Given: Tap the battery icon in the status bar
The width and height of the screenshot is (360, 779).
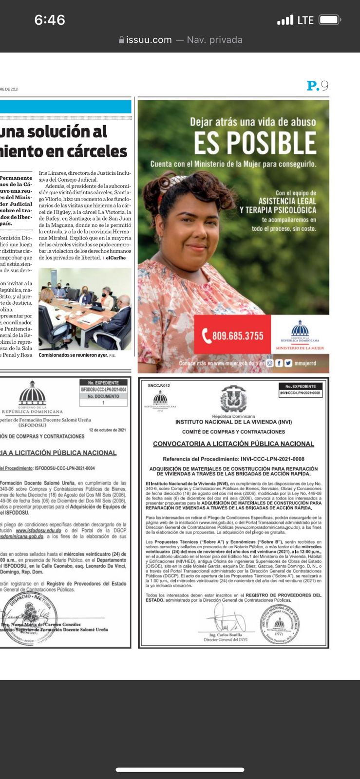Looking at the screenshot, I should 330,20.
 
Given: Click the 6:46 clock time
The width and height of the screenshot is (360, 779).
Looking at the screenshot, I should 50,20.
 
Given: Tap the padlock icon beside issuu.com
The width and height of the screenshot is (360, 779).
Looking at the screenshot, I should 122,40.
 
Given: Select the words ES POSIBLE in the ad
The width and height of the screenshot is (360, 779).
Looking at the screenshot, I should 255,143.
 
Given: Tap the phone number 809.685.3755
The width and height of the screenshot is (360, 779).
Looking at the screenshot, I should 238,335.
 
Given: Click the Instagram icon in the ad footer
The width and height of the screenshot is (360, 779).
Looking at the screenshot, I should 270,363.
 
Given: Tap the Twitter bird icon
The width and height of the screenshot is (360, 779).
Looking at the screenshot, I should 288,363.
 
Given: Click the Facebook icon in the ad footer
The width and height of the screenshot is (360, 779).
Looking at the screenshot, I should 279,363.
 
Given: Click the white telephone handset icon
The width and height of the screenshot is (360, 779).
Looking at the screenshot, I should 207,335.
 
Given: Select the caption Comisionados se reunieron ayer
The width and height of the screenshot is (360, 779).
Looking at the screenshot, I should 73,355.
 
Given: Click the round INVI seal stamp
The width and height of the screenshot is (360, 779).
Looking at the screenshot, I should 279,625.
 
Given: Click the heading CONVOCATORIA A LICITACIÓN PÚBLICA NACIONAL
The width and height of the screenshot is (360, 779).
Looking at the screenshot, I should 233,444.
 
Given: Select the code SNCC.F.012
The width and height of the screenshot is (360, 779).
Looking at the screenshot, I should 159,386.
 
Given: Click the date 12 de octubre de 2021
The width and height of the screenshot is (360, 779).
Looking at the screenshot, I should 107,430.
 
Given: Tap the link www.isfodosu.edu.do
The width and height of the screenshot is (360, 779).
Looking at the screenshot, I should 38,530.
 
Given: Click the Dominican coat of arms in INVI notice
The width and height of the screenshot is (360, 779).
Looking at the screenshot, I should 233,399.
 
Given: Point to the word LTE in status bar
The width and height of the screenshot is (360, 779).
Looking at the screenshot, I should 305,20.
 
